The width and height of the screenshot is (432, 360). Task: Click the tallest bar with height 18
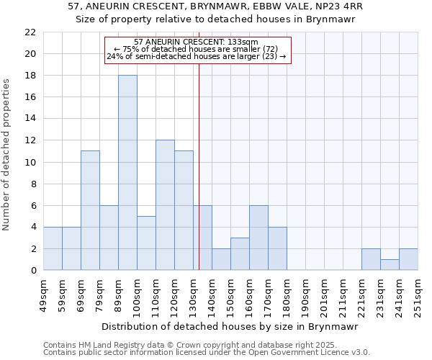(127, 173)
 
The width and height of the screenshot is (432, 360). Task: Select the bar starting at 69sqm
(90, 210)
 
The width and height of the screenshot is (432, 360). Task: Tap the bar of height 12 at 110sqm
(165, 205)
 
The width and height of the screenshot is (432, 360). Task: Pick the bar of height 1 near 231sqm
(390, 264)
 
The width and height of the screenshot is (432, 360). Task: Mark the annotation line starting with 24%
(196, 56)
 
